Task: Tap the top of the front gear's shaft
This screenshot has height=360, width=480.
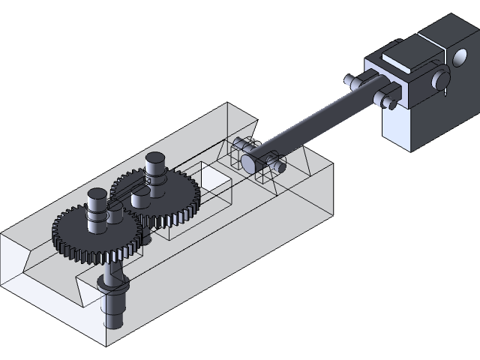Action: (97, 195)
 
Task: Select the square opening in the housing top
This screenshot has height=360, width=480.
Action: (215, 178)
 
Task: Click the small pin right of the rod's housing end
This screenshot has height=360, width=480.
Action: (278, 164)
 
